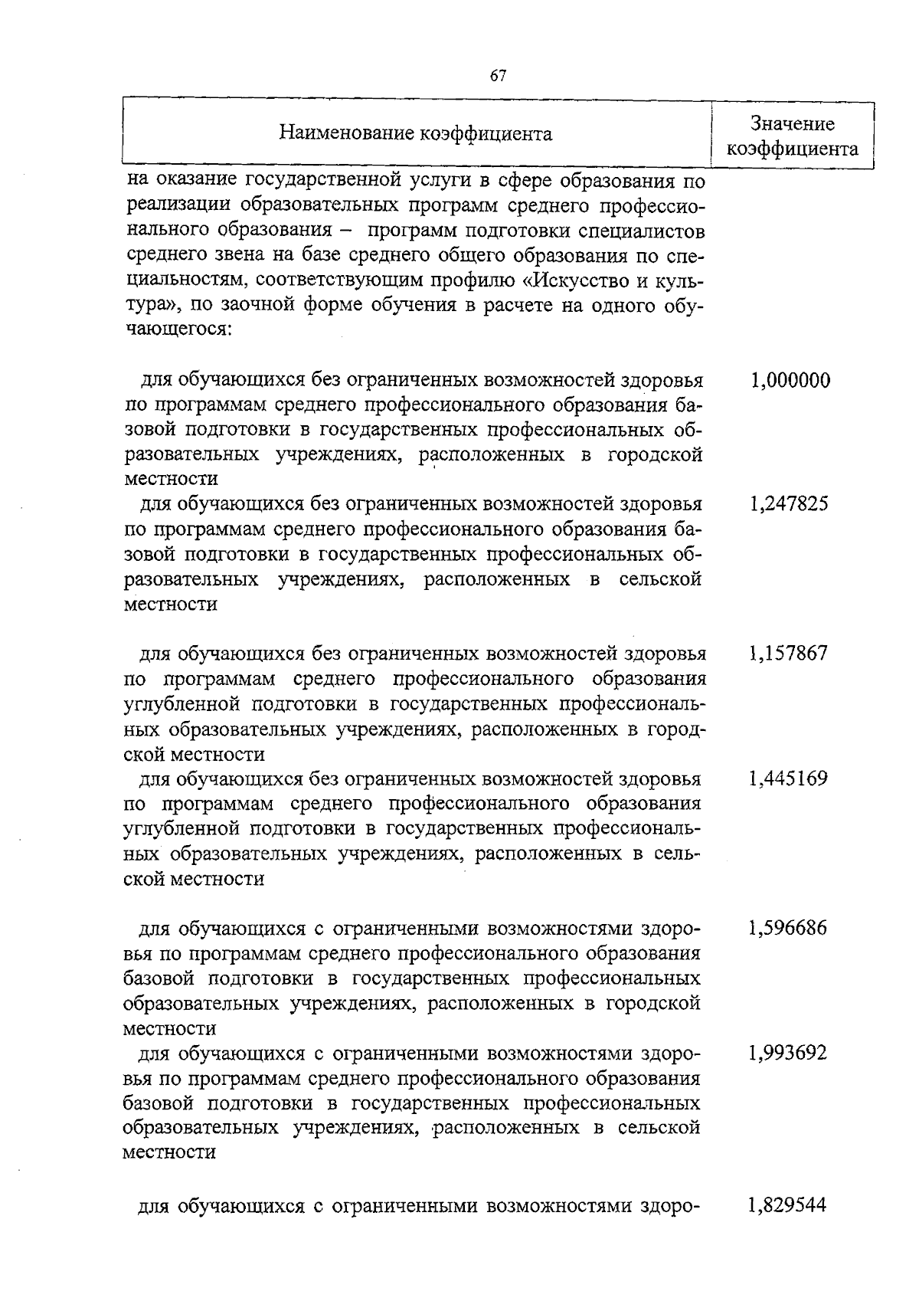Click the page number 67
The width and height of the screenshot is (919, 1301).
(498, 75)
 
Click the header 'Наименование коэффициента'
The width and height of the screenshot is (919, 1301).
(415, 134)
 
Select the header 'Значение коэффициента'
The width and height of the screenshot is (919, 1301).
(792, 136)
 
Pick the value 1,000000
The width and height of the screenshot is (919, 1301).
(790, 380)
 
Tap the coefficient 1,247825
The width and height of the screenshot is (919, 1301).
(789, 504)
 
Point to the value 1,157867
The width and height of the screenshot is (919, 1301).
(789, 654)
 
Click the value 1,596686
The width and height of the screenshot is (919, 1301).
(789, 929)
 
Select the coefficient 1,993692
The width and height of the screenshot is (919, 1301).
(789, 1053)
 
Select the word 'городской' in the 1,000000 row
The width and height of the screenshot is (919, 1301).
(656, 454)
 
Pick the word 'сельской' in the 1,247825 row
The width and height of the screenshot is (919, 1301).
(660, 578)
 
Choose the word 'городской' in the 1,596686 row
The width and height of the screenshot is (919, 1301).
(653, 1003)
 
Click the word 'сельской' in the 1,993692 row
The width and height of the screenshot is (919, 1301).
(659, 1127)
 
